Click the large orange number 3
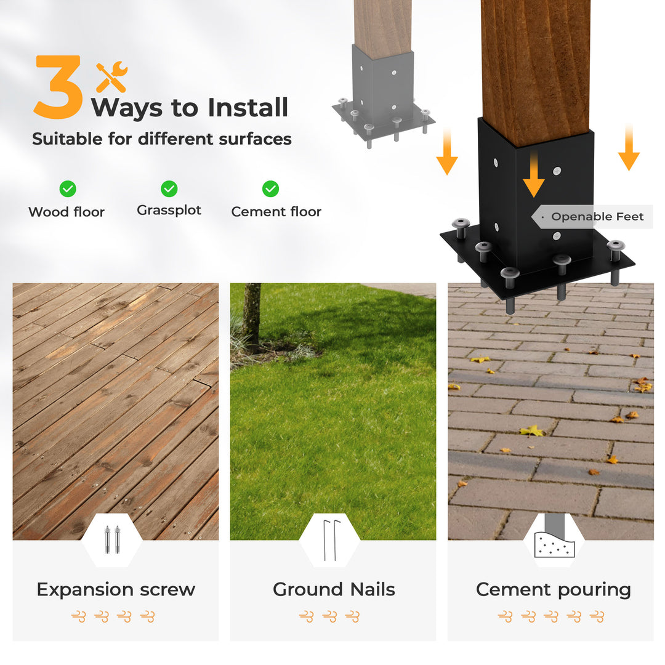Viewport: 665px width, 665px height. point(58,87)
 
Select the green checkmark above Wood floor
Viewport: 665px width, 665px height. point(68,189)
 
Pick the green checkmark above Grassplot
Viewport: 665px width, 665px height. point(169,189)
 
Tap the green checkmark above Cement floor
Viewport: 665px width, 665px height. point(270,189)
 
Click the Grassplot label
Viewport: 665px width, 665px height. point(169,211)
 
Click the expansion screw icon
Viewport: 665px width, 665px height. point(112,539)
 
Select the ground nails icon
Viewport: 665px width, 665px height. point(329,541)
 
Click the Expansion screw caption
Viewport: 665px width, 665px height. point(116,589)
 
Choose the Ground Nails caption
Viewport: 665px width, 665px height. point(334,589)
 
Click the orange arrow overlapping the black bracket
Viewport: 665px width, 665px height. point(533,175)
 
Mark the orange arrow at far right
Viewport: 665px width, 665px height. point(629,148)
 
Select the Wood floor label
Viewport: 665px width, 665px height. point(66,212)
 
